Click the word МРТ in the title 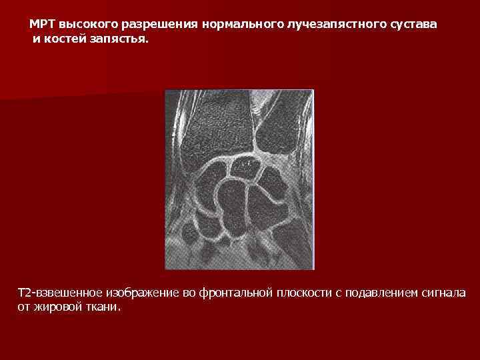[x=42, y=24]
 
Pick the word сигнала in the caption [x=444, y=294]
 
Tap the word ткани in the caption [x=105, y=308]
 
